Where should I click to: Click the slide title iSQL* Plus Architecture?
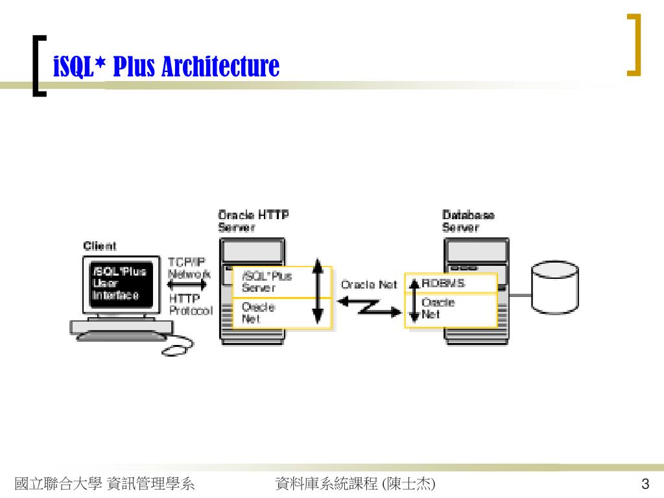coord(166,66)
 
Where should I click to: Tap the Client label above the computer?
coord(100,246)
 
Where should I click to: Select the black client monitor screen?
coord(121,283)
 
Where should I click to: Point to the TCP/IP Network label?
coord(188,267)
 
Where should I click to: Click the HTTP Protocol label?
coord(190,305)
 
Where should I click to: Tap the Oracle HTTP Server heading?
coord(253,220)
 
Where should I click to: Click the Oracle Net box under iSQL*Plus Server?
coord(272,313)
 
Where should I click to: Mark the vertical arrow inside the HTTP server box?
coord(317,290)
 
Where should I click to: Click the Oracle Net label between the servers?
coord(369,285)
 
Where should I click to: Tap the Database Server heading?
coord(468,220)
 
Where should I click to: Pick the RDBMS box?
coord(454,283)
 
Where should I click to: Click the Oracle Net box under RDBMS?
coord(454,309)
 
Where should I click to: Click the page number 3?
coord(645,484)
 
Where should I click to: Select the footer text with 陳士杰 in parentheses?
coord(355,484)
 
